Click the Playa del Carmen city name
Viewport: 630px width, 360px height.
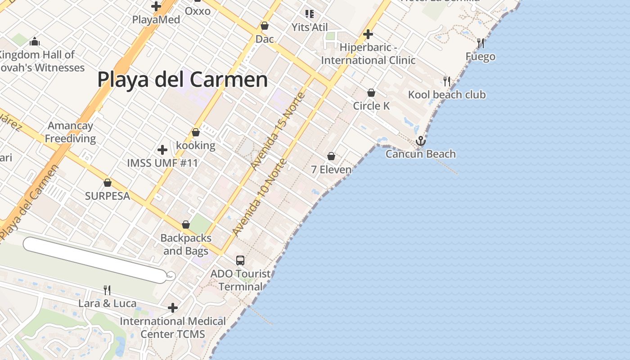tap(182, 80)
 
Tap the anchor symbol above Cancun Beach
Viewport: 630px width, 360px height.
tap(420, 141)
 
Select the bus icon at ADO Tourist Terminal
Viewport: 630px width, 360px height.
tap(240, 260)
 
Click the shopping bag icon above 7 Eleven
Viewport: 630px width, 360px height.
tap(331, 156)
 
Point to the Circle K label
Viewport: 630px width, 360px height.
tap(371, 106)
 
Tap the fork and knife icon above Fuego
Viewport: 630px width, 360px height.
tap(481, 43)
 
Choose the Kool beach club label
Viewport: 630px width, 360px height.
tap(447, 94)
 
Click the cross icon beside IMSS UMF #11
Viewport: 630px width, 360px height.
tap(162, 150)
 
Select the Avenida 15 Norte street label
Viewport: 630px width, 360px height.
tap(278, 131)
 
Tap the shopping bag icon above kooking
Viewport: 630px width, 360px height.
tap(195, 132)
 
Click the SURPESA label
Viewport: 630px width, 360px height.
tap(108, 196)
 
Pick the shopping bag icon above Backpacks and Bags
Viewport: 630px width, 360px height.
tap(185, 225)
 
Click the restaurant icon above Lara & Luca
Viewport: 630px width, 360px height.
tap(107, 290)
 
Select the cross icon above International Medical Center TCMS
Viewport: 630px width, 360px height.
tap(172, 308)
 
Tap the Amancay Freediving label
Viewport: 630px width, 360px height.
tap(70, 132)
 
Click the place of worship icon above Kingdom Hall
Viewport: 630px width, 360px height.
tap(35, 42)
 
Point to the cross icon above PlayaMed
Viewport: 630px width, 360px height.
tap(156, 6)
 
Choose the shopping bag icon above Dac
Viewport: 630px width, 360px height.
tap(265, 26)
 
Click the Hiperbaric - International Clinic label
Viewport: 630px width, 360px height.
tap(368, 54)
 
